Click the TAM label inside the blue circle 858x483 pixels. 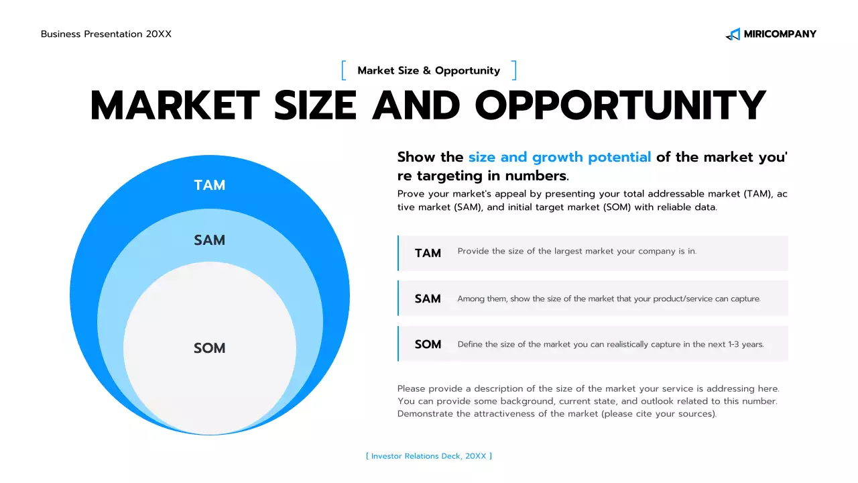point(209,185)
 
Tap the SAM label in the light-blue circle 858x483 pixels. point(209,240)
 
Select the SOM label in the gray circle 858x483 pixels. point(209,348)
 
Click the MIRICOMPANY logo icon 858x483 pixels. point(733,34)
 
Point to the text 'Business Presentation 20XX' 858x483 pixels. point(106,34)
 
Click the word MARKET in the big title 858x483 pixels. point(175,105)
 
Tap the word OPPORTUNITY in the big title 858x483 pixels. point(620,105)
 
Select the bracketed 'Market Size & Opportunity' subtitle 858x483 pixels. point(428,70)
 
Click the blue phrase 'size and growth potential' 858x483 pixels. point(559,157)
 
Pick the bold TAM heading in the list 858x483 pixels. point(428,253)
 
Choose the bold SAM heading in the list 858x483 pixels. point(428,299)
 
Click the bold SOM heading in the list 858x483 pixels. point(428,344)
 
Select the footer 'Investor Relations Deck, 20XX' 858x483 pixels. point(429,456)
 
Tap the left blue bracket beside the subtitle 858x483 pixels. point(344,70)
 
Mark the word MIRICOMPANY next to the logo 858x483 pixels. point(780,34)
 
